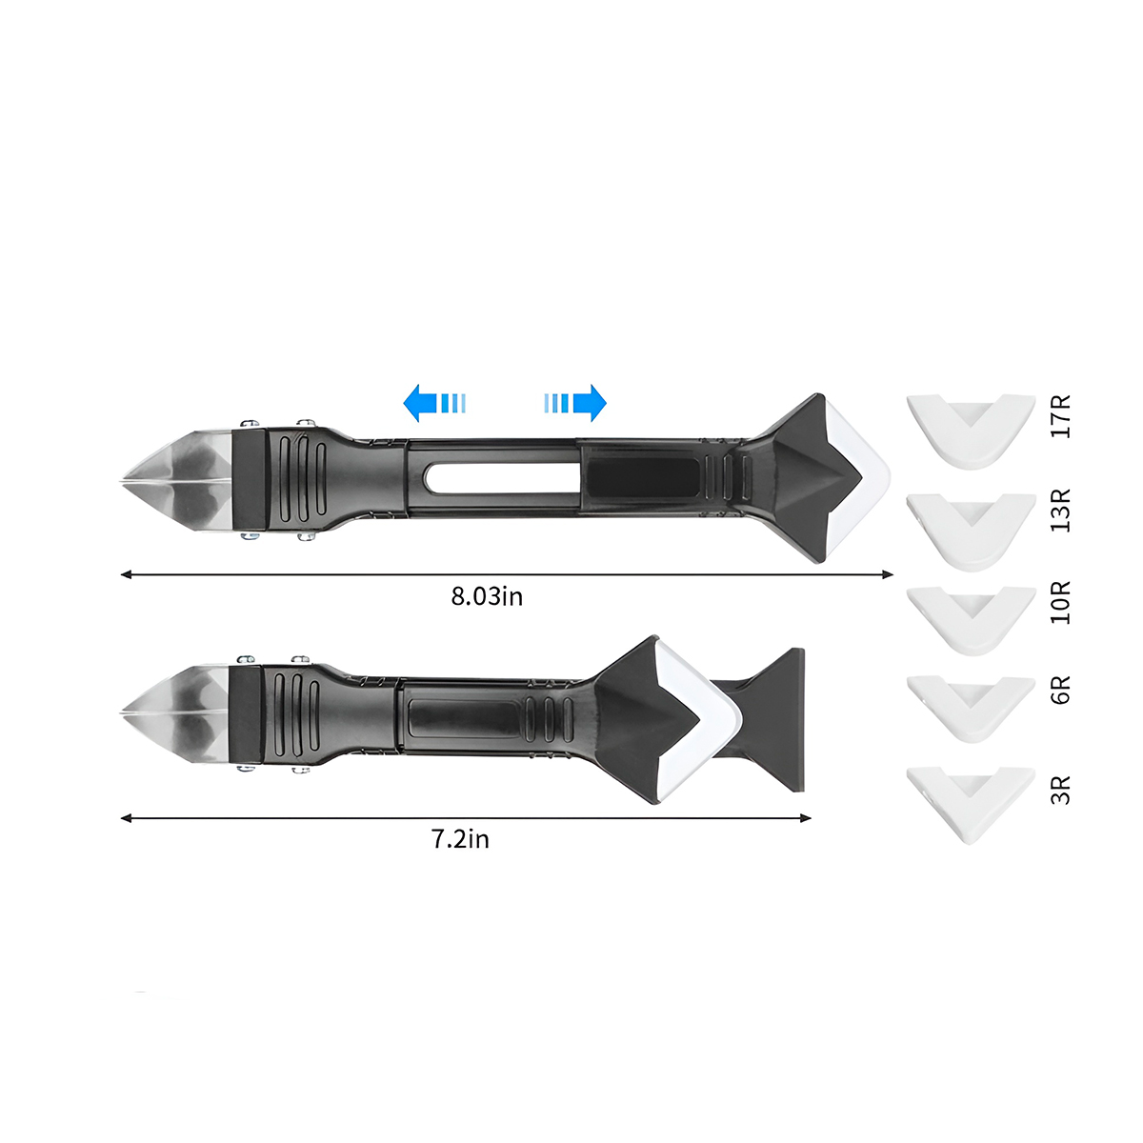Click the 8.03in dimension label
tap(487, 596)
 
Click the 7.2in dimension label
tap(460, 839)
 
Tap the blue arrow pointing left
tap(434, 403)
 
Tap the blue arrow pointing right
tap(574, 403)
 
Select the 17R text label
tap(1060, 416)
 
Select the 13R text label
tap(1060, 511)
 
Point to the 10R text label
tap(1060, 602)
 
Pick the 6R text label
tap(1060, 690)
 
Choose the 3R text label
tap(1060, 790)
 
